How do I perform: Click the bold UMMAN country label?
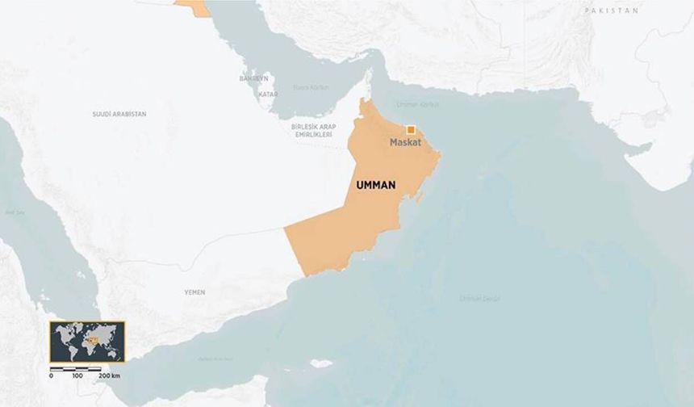376,185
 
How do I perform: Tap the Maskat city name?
406,143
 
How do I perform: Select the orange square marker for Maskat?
411,129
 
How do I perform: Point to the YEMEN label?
194,292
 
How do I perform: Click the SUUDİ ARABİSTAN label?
119,115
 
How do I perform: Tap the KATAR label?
268,94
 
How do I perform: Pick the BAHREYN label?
253,78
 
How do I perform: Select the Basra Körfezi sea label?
311,86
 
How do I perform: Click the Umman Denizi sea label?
480,299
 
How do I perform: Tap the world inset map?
87,342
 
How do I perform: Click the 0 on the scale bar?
51,376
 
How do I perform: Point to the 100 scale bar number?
77,376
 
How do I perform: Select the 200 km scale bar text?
110,376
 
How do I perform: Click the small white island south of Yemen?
320,363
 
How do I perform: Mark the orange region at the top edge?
194,7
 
